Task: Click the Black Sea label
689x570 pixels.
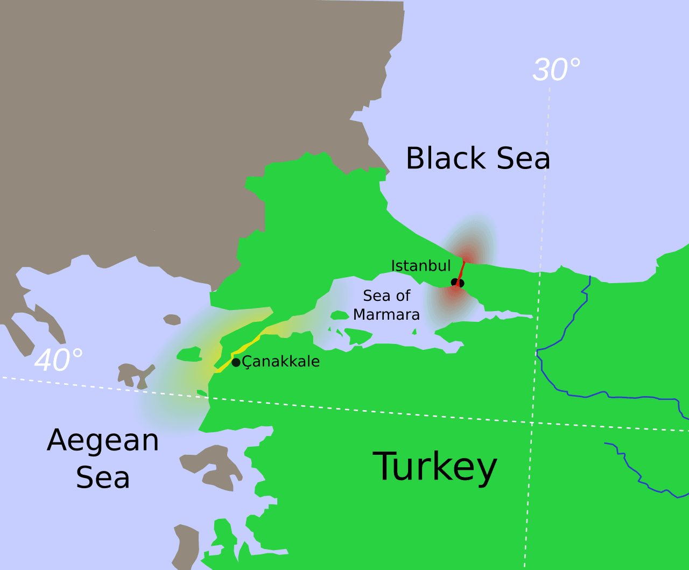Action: pyautogui.click(x=477, y=158)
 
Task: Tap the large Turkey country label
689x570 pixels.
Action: pyautogui.click(x=434, y=466)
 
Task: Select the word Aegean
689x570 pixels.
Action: pyautogui.click(x=103, y=441)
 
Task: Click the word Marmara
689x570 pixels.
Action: pyautogui.click(x=386, y=314)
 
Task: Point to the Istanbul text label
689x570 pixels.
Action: pyautogui.click(x=420, y=265)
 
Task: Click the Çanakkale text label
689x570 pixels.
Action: pyautogui.click(x=281, y=361)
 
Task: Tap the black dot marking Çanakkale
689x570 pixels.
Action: pyautogui.click(x=236, y=362)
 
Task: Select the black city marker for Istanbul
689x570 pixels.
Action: pyautogui.click(x=457, y=283)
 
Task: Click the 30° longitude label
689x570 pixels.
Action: pyautogui.click(x=556, y=70)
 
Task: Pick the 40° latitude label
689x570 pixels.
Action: pyautogui.click(x=58, y=360)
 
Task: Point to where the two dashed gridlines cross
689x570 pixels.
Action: pyautogui.click(x=532, y=423)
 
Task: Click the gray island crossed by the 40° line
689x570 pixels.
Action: pyautogui.click(x=135, y=374)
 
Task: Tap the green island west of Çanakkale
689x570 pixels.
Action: pyautogui.click(x=189, y=354)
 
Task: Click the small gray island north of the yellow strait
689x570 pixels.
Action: pyautogui.click(x=172, y=320)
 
